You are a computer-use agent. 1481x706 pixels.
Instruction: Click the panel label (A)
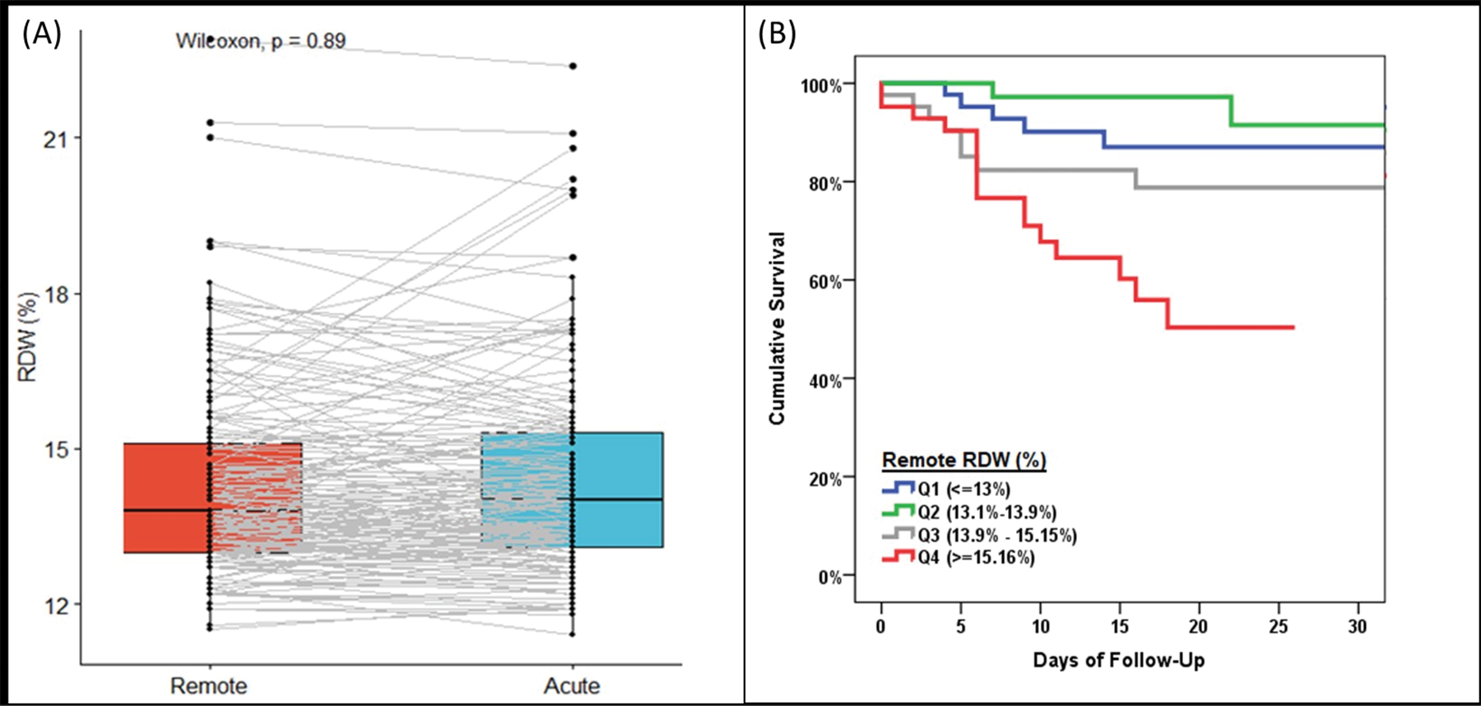pos(41,35)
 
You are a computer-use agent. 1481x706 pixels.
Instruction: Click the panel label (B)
pos(777,35)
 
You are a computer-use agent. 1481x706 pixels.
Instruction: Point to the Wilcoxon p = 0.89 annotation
pos(260,41)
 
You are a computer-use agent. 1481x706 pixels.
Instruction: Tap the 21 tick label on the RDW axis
pos(56,139)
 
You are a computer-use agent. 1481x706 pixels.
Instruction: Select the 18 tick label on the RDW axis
pos(56,295)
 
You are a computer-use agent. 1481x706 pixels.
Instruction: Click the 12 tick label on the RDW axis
pos(56,606)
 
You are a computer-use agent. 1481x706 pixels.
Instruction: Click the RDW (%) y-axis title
pos(28,337)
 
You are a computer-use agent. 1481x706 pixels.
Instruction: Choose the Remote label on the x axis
pos(208,685)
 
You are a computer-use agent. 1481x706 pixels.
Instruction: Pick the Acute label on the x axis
pos(572,685)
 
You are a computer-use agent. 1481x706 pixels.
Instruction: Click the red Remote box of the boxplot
pos(165,498)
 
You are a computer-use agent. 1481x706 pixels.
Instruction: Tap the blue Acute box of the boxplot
pos(617,490)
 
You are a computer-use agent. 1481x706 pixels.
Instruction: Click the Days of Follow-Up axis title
pos(1118,660)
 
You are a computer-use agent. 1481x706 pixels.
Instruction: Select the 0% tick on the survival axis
pos(830,578)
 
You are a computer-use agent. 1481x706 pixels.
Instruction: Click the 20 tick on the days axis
pos(1198,627)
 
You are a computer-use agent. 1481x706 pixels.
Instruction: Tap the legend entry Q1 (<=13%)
pos(963,489)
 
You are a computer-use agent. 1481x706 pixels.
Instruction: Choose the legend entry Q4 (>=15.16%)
pos(976,558)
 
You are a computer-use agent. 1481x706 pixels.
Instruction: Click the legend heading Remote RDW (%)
pos(963,460)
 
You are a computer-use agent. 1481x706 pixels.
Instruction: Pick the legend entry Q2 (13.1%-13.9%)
pos(987,512)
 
